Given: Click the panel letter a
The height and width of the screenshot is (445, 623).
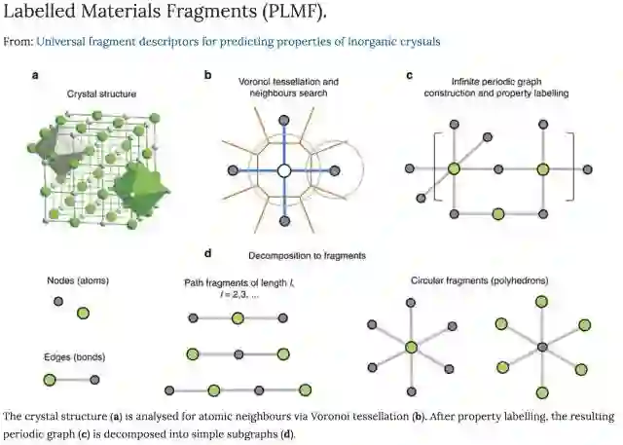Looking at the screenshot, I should (35, 74).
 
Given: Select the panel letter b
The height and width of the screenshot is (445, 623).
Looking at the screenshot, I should (207, 74).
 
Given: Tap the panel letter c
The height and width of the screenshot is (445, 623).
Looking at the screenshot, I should (409, 74).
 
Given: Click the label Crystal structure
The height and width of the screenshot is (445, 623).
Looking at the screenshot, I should (101, 94).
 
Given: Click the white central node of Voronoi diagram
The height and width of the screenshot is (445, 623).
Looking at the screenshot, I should (283, 170).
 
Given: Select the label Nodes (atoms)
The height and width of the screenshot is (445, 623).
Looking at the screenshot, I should (78, 280).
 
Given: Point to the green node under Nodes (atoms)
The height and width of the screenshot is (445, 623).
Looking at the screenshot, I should (84, 314).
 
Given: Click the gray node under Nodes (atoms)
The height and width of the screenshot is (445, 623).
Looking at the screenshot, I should (59, 303).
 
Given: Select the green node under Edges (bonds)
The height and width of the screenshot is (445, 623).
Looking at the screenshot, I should (50, 379).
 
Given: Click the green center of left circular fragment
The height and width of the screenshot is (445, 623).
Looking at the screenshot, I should (411, 347).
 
